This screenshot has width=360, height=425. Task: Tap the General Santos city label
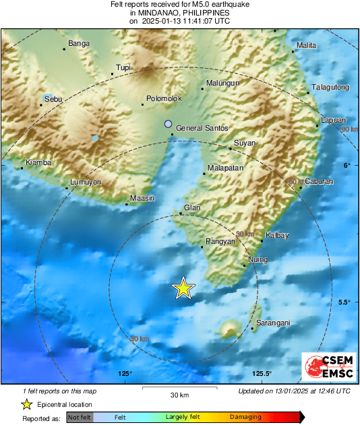tap(202, 128)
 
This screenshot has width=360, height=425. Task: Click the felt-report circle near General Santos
tap(169, 124)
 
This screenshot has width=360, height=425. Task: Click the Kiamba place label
tap(38, 162)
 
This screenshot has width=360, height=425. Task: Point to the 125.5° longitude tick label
tap(262, 374)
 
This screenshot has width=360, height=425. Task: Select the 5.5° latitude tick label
tap(344, 302)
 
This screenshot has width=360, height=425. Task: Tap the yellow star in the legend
tap(26, 404)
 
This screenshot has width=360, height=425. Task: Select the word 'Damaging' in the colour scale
tap(246, 418)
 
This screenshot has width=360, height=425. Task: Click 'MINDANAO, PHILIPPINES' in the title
tap(179, 13)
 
